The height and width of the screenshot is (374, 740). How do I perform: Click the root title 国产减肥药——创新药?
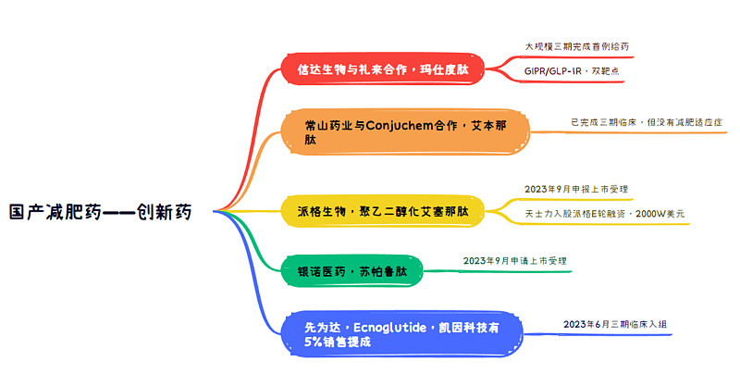point(101,212)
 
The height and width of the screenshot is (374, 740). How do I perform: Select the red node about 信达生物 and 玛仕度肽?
point(383,69)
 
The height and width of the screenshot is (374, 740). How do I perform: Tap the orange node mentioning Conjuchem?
point(405,132)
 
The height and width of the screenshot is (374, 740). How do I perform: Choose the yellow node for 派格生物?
point(383,211)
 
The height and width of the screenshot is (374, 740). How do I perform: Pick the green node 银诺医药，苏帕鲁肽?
point(352,271)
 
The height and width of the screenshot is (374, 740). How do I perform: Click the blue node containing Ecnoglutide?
point(401,334)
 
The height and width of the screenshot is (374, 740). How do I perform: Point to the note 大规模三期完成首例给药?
point(576,46)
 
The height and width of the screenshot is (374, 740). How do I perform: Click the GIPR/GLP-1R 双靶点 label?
point(572,71)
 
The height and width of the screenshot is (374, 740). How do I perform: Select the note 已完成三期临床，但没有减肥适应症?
point(647,122)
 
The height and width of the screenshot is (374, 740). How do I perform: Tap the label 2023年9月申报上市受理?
point(576,189)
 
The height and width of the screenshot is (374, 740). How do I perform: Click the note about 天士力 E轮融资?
point(605,214)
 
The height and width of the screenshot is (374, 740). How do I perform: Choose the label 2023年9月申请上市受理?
point(515,261)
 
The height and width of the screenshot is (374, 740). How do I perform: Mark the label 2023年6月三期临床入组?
point(615,324)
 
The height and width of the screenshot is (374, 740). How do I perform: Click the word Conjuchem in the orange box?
point(400,125)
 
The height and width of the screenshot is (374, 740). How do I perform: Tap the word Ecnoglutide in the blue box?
point(389,328)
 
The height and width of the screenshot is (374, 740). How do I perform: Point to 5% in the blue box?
point(313,342)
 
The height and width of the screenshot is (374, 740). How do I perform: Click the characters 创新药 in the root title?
point(165,212)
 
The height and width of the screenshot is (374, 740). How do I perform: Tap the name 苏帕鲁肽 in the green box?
point(383,271)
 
